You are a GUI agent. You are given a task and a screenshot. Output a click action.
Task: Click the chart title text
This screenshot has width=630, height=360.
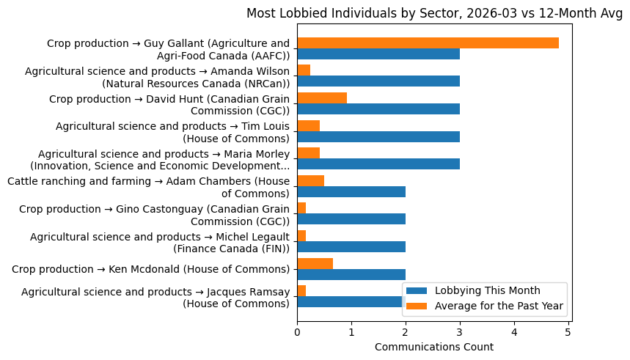(x=434, y=13)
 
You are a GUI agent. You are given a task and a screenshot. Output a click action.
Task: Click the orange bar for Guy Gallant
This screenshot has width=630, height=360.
(x=428, y=43)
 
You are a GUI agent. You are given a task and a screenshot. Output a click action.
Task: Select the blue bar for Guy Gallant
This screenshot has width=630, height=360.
(x=378, y=54)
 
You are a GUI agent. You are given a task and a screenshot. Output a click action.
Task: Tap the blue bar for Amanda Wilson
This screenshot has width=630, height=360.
(x=378, y=81)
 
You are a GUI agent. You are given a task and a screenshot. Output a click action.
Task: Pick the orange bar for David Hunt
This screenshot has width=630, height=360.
(x=322, y=98)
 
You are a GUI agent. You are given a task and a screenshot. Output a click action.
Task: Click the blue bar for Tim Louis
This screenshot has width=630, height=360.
(x=378, y=136)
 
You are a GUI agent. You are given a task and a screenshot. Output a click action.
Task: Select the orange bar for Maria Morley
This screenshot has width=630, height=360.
(x=308, y=153)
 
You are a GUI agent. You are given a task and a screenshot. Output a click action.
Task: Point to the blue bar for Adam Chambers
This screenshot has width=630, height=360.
(x=351, y=191)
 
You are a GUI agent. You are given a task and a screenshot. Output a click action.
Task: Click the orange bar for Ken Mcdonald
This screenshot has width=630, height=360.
(x=315, y=263)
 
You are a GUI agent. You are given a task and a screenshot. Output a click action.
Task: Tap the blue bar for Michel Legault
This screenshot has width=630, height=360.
(x=351, y=246)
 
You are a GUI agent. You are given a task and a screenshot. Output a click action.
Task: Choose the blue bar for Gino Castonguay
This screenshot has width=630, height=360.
(x=351, y=219)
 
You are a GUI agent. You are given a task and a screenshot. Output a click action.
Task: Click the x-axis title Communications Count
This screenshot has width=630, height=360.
(x=433, y=347)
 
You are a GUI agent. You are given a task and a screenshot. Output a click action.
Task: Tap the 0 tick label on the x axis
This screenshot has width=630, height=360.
(x=297, y=332)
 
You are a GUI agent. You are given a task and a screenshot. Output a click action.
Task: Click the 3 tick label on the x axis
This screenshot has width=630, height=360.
(x=460, y=332)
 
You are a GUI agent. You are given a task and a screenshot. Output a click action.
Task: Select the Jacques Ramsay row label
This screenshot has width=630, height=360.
(x=155, y=298)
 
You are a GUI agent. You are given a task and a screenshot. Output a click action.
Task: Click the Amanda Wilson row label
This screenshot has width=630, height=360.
(x=158, y=77)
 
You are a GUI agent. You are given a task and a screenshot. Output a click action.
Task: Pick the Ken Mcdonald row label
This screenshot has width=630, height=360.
(x=150, y=269)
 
